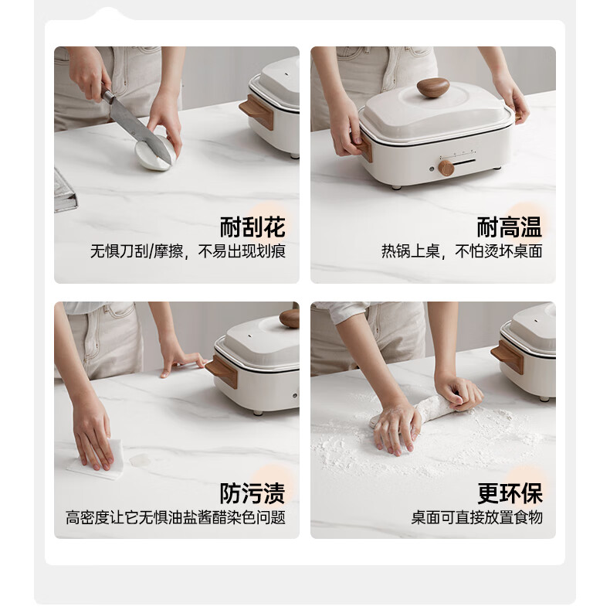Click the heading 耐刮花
[252, 227]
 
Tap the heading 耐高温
[510, 227]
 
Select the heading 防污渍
[252, 493]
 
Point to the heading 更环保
[510, 493]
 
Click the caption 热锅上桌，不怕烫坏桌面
[462, 251]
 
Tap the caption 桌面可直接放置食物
[477, 517]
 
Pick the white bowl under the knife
[155, 153]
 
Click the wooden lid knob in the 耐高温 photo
[433, 87]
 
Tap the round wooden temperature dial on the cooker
[446, 168]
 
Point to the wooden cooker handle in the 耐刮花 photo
[257, 112]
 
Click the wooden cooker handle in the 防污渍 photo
[222, 372]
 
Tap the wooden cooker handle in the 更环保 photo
[507, 357]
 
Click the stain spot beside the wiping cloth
[140, 461]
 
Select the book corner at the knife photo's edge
[65, 192]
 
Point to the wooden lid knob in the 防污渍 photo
[290, 319]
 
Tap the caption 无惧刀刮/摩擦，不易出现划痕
[188, 251]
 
